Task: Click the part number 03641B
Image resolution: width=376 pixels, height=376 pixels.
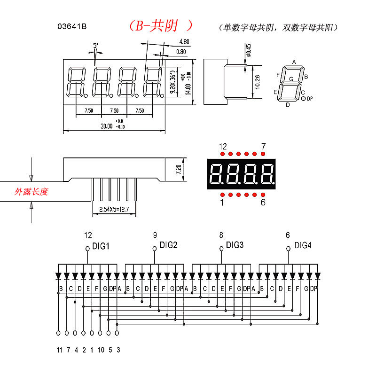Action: tap(72, 27)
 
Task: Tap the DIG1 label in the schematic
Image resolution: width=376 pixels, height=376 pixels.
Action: tap(101, 245)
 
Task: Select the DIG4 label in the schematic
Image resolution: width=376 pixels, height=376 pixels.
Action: tap(303, 245)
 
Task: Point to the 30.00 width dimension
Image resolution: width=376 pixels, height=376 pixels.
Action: tap(107, 126)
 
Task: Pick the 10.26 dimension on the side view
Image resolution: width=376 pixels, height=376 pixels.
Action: tap(257, 82)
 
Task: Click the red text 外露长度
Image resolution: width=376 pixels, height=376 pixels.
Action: tap(31, 192)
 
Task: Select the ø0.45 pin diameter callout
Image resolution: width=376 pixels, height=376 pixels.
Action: tap(249, 49)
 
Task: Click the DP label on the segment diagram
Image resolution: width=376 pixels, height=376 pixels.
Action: tap(310, 99)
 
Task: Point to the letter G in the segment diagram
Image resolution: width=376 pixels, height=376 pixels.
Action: tap(291, 79)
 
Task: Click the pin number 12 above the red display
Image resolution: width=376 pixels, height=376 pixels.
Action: tap(223, 146)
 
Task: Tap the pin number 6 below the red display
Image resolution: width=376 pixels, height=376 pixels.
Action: tap(263, 203)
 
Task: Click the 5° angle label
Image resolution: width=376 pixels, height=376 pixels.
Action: tap(96, 46)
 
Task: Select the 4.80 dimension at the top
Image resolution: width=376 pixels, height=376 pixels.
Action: tap(184, 42)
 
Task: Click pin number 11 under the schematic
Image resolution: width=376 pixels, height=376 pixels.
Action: tap(59, 350)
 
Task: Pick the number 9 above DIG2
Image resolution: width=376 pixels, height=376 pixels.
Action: tap(155, 235)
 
